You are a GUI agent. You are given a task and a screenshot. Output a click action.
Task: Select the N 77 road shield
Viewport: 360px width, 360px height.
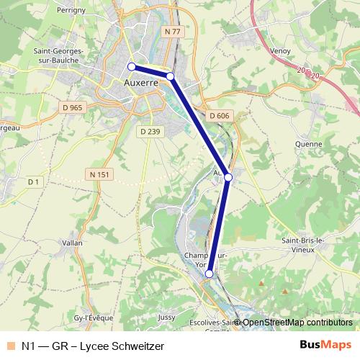[171, 32]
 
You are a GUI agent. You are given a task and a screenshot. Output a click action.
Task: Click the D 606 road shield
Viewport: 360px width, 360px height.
[220, 115]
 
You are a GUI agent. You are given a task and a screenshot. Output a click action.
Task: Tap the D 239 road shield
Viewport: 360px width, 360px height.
[149, 131]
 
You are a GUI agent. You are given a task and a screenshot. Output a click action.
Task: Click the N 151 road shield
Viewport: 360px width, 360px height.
[100, 174]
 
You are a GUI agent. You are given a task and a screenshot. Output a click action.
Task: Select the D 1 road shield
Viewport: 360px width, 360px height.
[33, 183]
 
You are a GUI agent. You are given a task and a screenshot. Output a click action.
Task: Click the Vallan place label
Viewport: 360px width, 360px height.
[73, 243]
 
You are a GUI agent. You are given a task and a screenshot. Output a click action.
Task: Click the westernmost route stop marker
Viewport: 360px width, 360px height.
[132, 67]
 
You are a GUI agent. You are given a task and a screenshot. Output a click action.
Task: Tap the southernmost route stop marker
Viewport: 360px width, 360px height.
[210, 274]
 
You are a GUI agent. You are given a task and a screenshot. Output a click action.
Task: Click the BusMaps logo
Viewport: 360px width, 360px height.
[325, 345]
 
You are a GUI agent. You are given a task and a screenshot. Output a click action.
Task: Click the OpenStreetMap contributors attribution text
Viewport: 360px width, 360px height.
[297, 323]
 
